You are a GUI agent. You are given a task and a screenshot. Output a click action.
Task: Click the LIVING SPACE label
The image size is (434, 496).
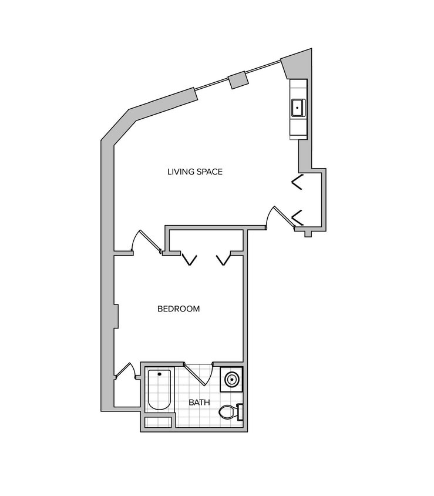click(195, 172)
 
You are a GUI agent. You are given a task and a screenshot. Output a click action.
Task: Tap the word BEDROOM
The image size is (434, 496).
click(179, 309)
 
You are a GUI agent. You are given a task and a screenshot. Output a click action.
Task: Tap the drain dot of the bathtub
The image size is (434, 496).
click(159, 374)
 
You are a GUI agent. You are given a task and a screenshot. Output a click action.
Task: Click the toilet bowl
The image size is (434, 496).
click(227, 412)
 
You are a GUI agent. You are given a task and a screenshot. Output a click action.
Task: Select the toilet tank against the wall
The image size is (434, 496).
click(240, 412)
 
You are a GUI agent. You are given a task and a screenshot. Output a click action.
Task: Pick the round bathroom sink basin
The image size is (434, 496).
click(231, 379)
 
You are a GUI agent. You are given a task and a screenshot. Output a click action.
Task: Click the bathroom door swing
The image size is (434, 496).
click(195, 375)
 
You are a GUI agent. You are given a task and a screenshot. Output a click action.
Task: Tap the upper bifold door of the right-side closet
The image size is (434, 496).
click(297, 182)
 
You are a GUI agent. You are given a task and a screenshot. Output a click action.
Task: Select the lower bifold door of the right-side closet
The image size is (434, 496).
click(297, 217)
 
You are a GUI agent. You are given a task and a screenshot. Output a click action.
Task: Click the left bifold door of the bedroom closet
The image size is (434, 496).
click(190, 259)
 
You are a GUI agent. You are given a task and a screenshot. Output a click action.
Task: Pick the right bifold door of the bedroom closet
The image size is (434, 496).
click(223, 259)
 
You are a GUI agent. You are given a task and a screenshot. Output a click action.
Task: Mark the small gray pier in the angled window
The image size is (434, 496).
click(238, 79)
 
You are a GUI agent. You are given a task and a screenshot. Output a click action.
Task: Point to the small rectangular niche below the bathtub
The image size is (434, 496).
click(157, 421)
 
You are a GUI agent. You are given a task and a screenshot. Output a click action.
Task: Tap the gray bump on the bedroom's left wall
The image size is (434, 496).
click(116, 316)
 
